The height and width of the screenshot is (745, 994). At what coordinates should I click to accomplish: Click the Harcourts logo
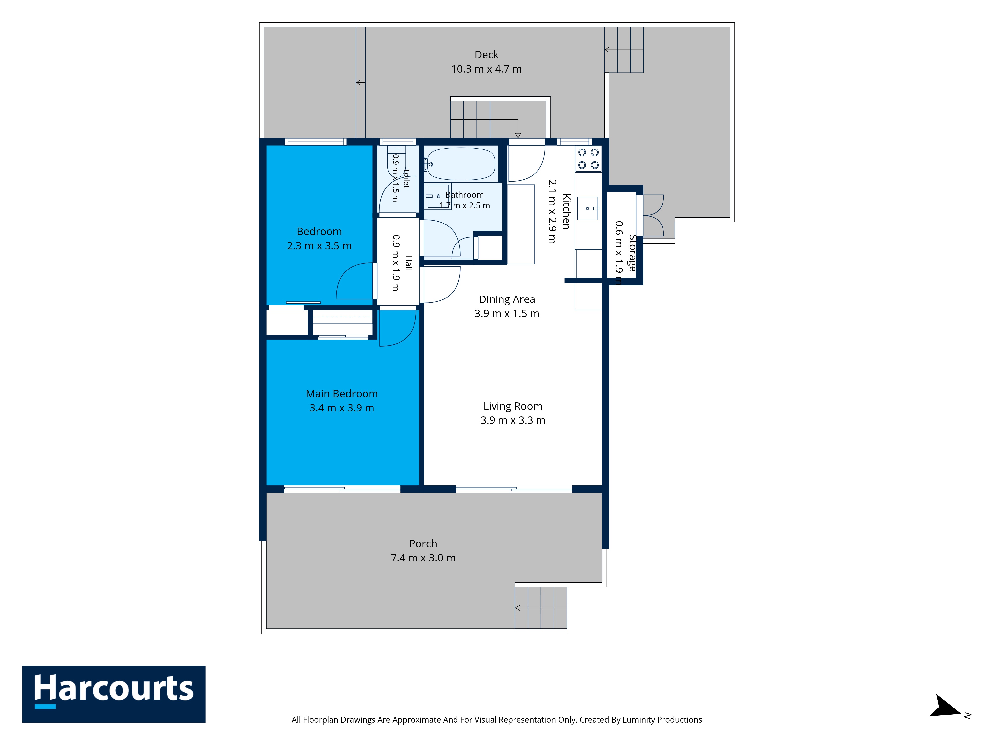114,694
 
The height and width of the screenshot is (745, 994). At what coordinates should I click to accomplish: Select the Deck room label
486,55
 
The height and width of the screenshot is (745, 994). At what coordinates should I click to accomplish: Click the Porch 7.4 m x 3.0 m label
423,551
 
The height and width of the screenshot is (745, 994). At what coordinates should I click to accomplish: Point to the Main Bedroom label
341,394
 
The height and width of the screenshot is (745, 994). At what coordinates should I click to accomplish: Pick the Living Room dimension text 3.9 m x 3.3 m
513,420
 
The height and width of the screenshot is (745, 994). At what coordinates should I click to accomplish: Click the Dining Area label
507,299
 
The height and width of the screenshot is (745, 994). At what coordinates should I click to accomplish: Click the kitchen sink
588,208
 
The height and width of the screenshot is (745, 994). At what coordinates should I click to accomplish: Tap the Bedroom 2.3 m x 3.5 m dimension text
319,246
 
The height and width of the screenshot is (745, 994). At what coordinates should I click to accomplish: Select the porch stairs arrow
540,608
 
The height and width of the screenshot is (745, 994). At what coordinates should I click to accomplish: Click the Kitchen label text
566,212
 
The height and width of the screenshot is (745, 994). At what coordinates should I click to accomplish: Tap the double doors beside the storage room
653,216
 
